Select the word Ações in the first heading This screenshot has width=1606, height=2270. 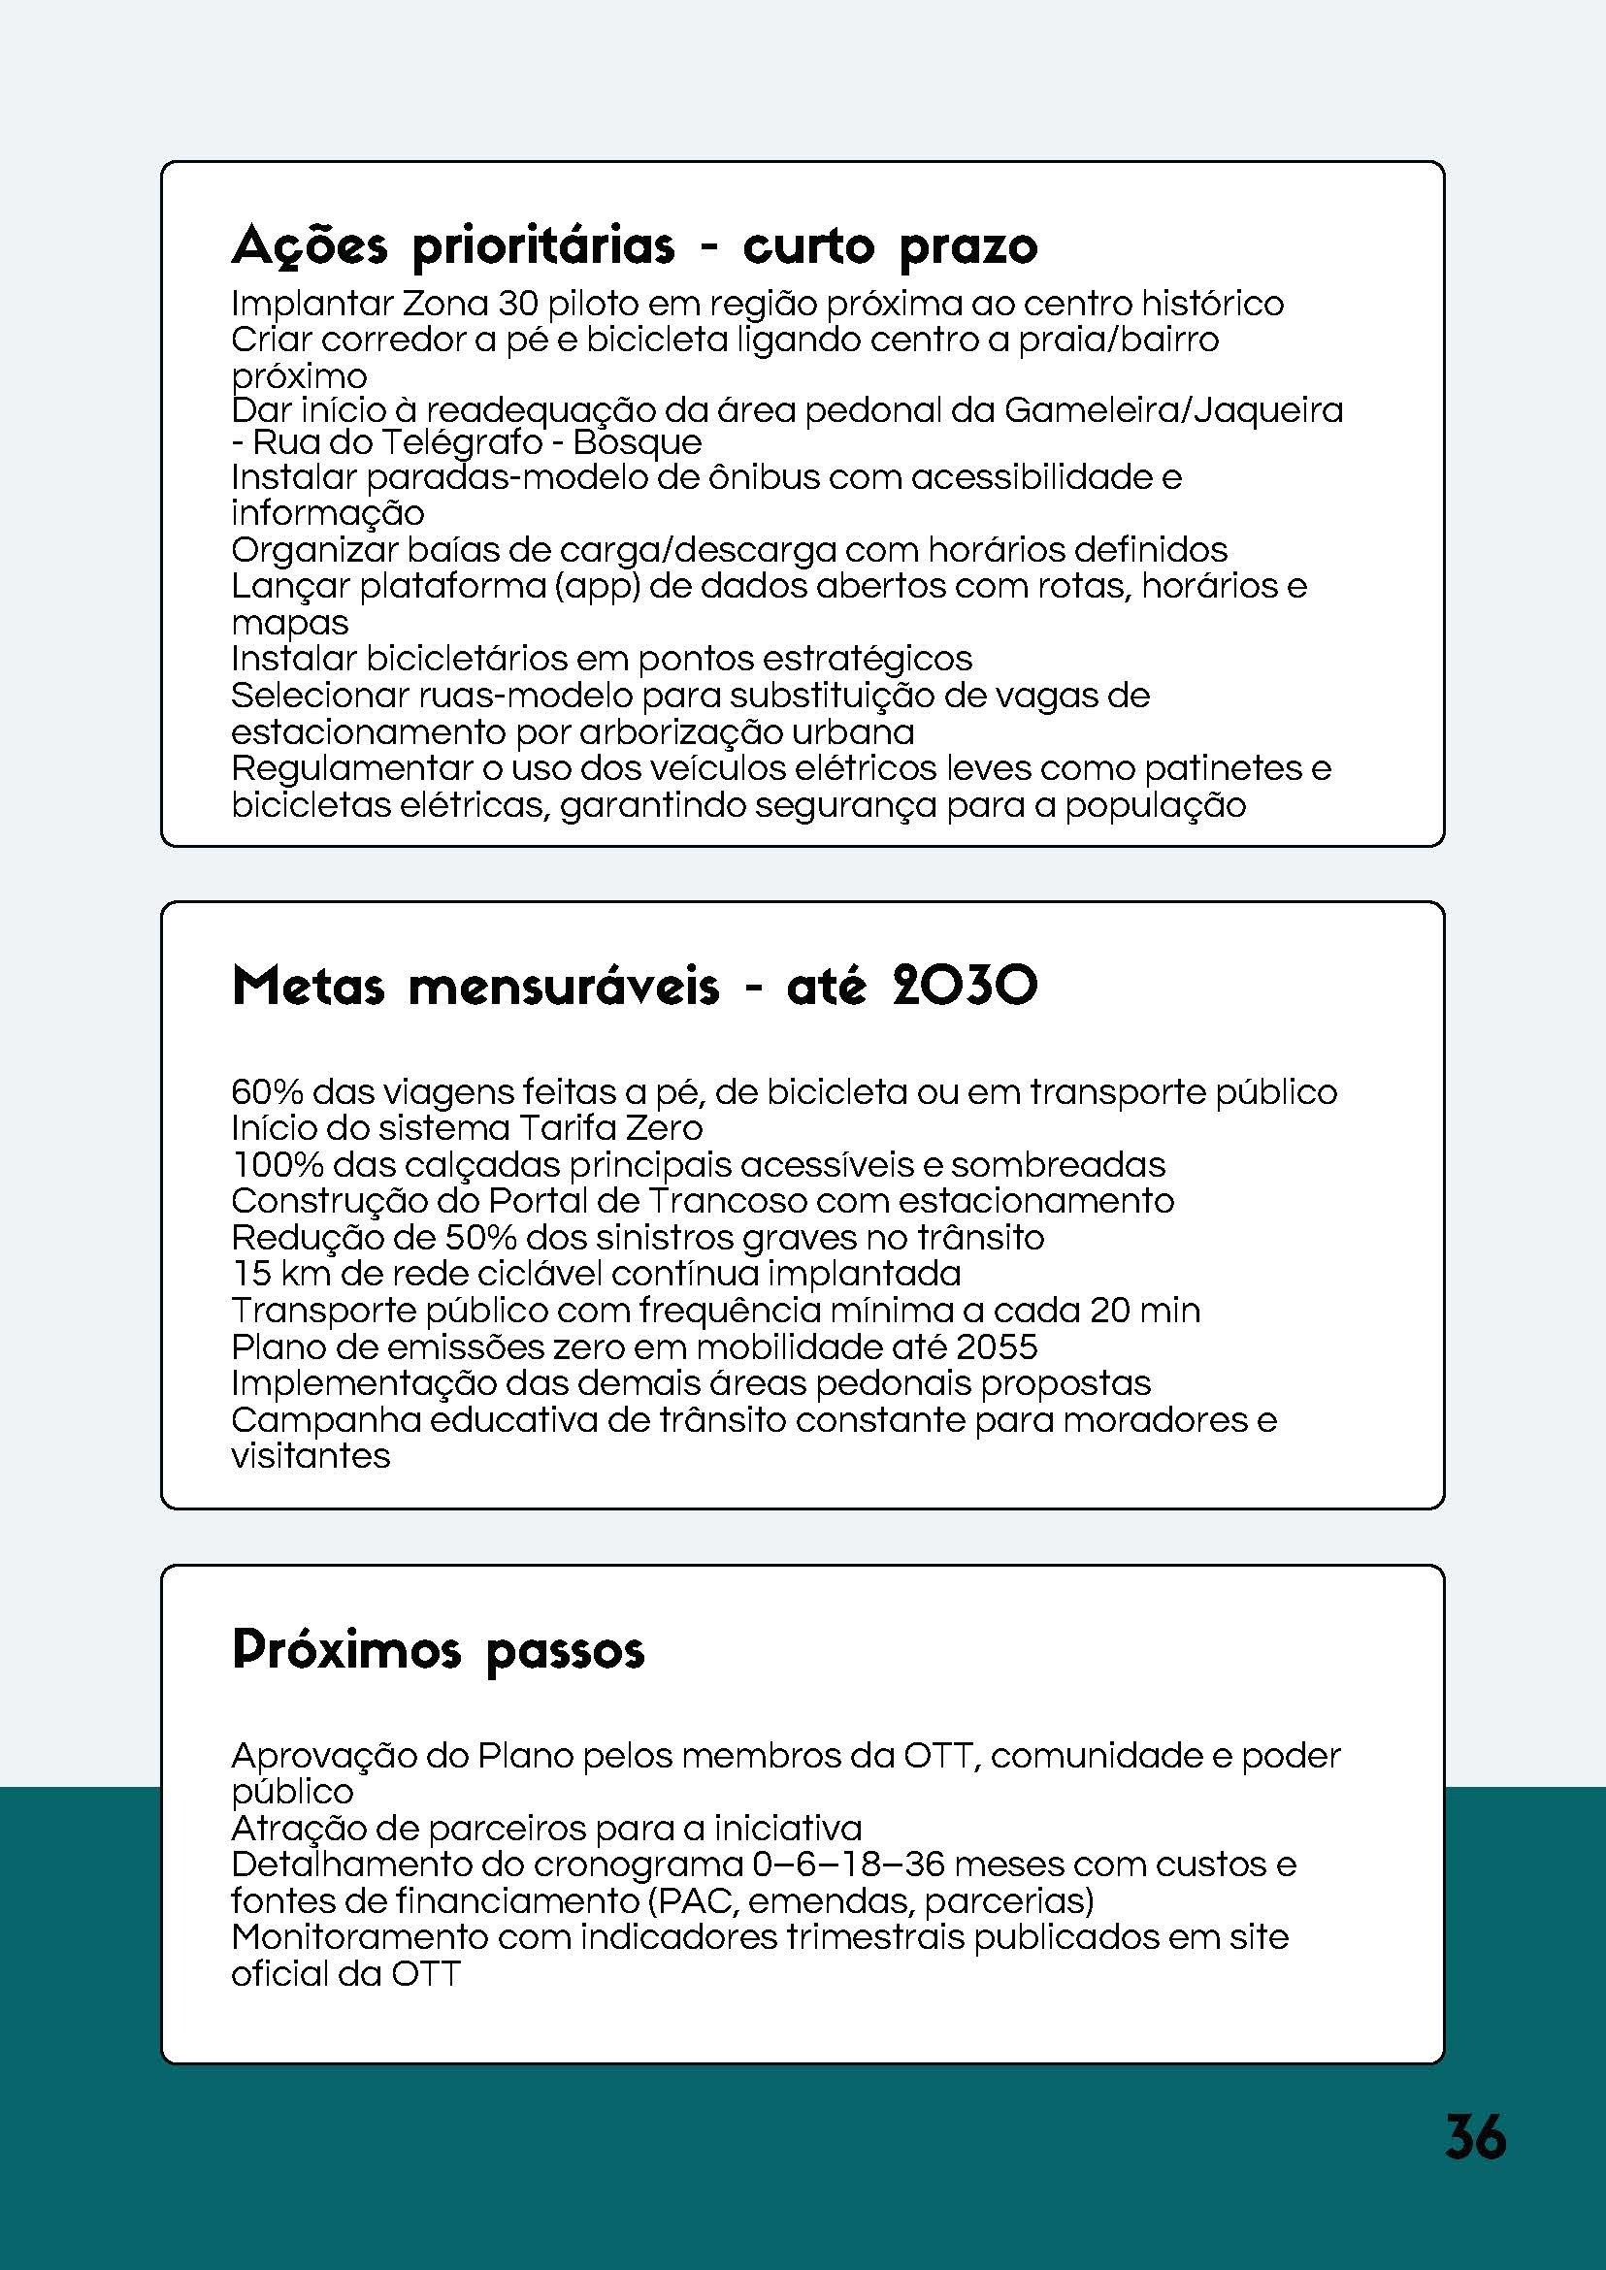click(310, 246)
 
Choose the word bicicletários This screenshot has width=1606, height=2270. click(487, 658)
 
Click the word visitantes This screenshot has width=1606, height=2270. click(311, 1455)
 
